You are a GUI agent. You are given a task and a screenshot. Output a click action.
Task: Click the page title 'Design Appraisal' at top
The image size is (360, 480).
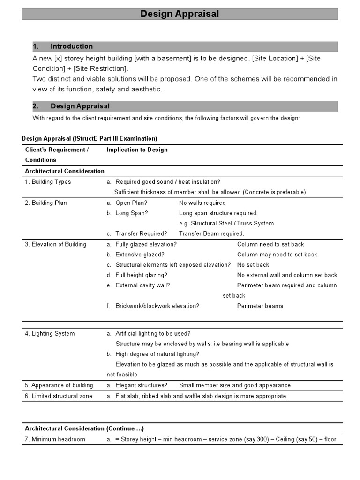[x=180, y=14]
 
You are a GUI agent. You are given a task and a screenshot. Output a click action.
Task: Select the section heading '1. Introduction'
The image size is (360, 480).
[x=63, y=46]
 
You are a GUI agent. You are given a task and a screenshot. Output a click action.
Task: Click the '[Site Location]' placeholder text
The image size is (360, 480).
[x=275, y=58]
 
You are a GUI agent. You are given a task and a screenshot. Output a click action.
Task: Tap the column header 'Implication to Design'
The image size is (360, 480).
[x=137, y=150]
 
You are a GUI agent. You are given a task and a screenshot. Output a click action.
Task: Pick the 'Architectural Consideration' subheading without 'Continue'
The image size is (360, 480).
[x=65, y=171]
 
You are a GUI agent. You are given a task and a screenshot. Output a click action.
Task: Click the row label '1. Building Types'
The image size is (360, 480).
[x=48, y=182]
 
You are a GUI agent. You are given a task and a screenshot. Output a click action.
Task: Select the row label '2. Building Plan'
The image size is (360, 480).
[x=46, y=203]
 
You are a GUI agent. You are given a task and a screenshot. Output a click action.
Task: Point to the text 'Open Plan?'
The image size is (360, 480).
[x=131, y=203]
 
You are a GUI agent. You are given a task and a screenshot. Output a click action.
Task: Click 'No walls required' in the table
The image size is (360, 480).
[x=202, y=203]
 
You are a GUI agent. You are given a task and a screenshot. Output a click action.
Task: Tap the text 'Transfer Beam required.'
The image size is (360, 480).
[x=211, y=233]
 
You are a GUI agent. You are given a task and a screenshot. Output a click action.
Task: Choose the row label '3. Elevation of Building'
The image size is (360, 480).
[x=55, y=244]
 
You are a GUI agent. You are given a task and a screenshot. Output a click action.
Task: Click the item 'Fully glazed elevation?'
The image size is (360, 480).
[x=146, y=244]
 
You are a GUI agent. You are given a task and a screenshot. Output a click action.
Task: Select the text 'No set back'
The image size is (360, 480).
[x=253, y=265]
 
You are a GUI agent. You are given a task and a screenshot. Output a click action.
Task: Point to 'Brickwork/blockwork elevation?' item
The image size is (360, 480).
[x=157, y=306]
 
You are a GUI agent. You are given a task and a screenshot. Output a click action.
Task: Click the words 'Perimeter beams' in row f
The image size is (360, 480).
[x=260, y=306]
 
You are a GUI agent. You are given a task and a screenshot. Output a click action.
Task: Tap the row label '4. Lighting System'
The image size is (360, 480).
[x=50, y=334]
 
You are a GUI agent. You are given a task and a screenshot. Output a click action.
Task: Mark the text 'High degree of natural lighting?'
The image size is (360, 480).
[x=157, y=354]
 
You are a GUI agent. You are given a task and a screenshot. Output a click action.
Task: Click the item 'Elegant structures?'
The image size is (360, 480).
[x=141, y=385]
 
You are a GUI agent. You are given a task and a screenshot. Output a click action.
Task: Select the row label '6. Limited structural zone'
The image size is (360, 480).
[x=59, y=396]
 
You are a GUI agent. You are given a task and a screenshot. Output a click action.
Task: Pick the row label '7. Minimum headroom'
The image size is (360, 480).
[x=55, y=439]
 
